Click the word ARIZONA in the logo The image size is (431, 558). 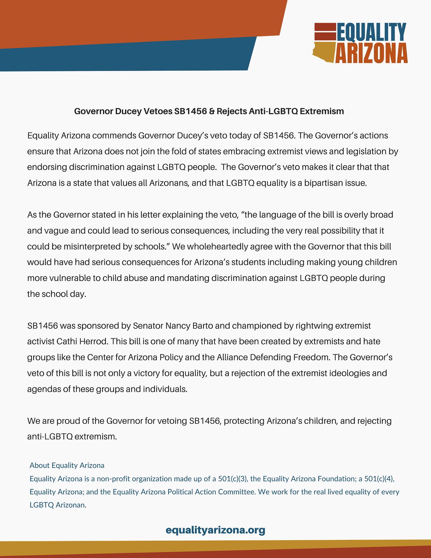coord(372,53)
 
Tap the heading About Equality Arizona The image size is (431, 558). coord(67,465)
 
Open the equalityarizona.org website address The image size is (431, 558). coord(215,530)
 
